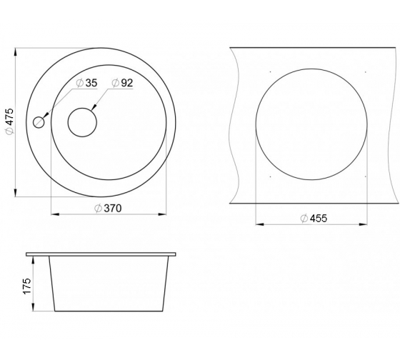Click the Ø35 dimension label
click(86, 83)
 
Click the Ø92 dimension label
click(122, 83)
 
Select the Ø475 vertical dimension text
click(10, 121)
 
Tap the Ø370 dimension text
click(108, 208)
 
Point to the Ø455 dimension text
click(314, 218)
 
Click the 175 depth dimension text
click(27, 286)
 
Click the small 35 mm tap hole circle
click(39, 122)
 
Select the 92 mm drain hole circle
click(82, 122)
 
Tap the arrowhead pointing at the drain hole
click(94, 107)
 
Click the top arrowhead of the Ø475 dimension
click(16, 52)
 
